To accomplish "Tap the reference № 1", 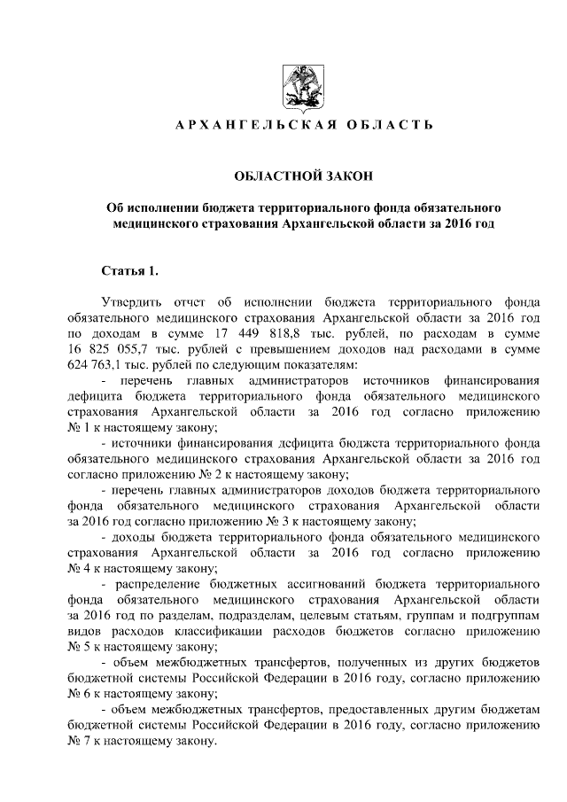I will tap(75, 428).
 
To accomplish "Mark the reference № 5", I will tap(75, 648).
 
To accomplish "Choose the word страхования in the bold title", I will tap(229, 224).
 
